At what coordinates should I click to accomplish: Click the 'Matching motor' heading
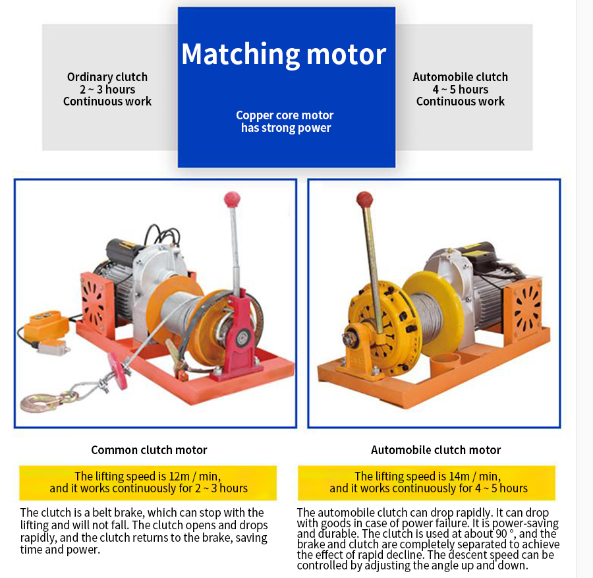(x=284, y=54)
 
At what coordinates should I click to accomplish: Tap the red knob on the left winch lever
(x=232, y=198)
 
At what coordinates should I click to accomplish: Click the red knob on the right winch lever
(x=364, y=199)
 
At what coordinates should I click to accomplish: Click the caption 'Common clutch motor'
(x=149, y=450)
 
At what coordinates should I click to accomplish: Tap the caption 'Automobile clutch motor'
(x=436, y=450)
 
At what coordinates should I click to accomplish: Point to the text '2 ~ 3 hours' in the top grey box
(x=107, y=90)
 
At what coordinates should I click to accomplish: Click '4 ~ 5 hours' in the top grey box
(x=460, y=90)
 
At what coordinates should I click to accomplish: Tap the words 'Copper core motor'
(x=285, y=115)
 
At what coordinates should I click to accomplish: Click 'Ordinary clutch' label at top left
(x=107, y=77)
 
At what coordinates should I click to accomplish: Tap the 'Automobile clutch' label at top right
(x=460, y=77)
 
